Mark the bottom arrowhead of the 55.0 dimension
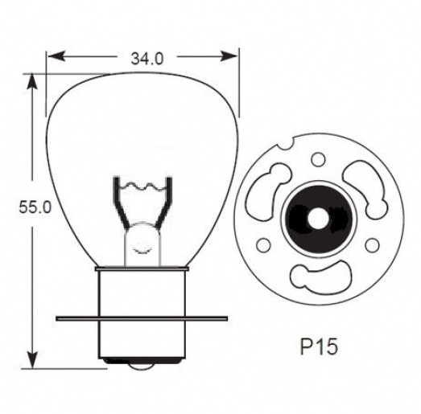pyautogui.click(x=33, y=363)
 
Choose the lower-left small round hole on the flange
pyautogui.click(x=262, y=245)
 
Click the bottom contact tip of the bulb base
pyautogui.click(x=144, y=364)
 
